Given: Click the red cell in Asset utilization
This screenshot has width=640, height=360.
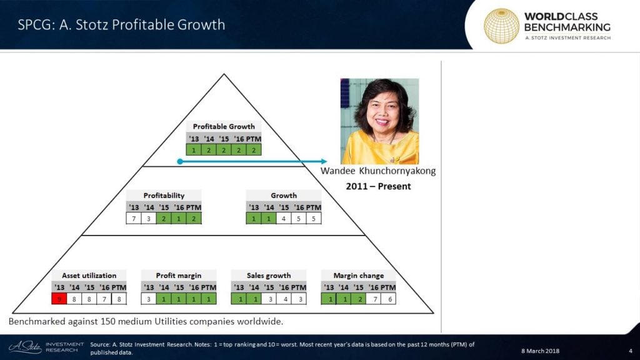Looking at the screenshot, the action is [59, 299].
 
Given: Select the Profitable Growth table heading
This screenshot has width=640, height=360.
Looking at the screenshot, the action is [224, 126].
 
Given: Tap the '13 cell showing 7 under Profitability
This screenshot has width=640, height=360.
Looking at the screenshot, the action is [134, 218].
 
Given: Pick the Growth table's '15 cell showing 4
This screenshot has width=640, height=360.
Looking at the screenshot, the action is [284, 218].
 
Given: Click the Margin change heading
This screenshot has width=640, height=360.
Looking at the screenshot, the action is [358, 276].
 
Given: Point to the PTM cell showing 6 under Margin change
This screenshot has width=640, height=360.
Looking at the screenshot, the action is [390, 299].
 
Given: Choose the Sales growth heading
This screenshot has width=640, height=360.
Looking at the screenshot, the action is [269, 276].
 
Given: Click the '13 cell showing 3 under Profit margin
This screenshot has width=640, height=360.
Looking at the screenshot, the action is [149, 299].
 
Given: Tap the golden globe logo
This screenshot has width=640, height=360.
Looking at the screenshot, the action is [501, 26].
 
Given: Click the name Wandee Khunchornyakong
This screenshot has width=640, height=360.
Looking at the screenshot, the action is [378, 171].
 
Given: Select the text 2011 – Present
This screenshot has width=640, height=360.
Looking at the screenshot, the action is [378, 186].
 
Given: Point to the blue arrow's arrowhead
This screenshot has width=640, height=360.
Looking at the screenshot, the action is [324, 161].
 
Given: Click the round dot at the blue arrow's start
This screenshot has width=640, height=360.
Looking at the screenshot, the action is [180, 161].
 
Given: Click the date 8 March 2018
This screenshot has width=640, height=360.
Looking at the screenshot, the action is [540, 351].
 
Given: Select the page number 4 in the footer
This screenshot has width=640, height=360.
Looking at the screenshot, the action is [631, 351].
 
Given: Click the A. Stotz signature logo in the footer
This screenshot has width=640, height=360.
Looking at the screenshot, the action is [25, 347].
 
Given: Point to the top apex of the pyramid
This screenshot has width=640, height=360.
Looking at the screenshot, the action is [224, 74].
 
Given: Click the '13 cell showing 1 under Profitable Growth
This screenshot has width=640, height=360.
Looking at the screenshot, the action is [194, 150].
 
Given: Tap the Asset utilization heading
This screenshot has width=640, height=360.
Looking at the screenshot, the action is [89, 276].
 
